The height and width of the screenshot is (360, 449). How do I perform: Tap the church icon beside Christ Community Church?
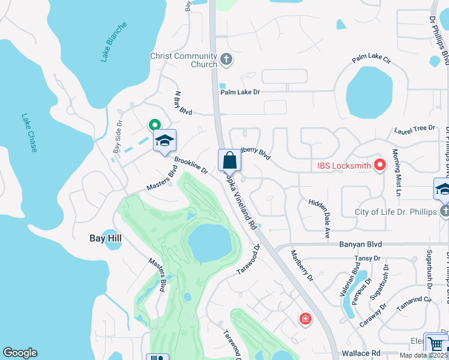click(226, 59)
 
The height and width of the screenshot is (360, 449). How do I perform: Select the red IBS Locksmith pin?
click(379, 164)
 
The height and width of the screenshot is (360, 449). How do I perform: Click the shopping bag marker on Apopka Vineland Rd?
click(229, 160)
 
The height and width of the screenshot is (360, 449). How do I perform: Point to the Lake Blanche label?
click(114, 43)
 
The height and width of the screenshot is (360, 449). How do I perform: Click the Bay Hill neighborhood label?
click(106, 239)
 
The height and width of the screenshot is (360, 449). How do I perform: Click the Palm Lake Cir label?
click(372, 59)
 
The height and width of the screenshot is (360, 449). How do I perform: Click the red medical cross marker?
click(306, 318)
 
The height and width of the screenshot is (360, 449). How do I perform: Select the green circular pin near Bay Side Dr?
click(154, 125)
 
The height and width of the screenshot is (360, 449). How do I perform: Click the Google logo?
click(20, 353)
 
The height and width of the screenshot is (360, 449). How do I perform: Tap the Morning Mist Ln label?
click(396, 173)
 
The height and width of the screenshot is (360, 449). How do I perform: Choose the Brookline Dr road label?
click(191, 166)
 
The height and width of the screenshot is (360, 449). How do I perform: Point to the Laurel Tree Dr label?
click(414, 129)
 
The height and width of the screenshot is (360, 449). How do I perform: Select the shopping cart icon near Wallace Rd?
click(435, 344)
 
